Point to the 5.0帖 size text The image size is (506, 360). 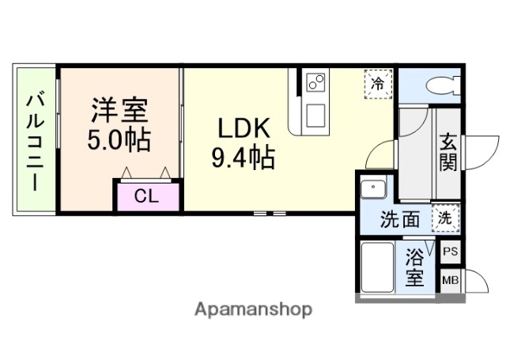click(119, 141)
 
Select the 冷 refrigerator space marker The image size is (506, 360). click(378, 81)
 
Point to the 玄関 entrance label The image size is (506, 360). click(447, 153)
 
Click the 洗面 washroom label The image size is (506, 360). click(399, 220)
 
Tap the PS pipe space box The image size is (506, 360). click(450, 252)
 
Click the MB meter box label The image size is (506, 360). click(450, 280)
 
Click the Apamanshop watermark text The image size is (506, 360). click(253, 309)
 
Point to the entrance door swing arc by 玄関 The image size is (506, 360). click(479, 146)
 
